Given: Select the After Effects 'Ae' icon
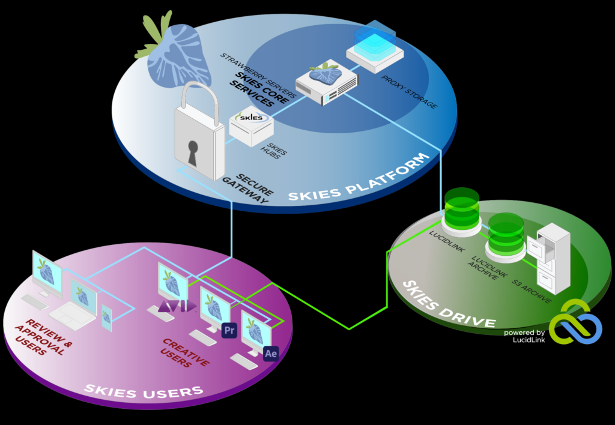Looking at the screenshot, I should click(271, 354).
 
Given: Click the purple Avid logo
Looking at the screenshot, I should click(177, 307).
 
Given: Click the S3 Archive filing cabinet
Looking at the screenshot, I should click(553, 258).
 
